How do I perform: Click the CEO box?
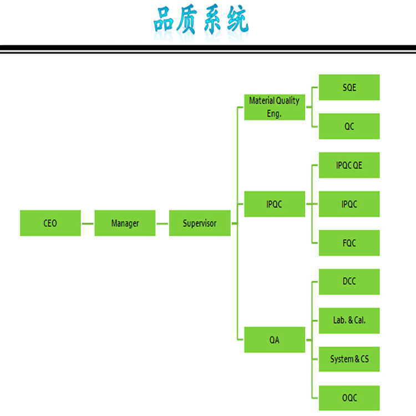[50, 223]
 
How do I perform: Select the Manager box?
[125, 223]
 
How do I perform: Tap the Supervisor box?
[200, 223]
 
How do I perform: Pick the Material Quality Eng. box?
[275, 107]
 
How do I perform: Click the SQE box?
[349, 87]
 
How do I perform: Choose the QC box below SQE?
[349, 126]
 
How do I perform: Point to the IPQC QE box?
[349, 165]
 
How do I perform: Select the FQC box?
[349, 243]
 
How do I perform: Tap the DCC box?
[349, 282]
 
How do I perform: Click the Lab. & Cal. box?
[349, 321]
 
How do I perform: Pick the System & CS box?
[349, 359]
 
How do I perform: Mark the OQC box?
[349, 398]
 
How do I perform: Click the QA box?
[275, 339]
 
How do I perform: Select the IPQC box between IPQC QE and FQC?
[349, 204]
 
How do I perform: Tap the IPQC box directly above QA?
[275, 204]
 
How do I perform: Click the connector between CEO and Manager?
[88, 224]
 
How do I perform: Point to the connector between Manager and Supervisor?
[163, 224]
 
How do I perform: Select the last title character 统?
[238, 19]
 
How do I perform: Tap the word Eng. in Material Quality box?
[274, 114]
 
